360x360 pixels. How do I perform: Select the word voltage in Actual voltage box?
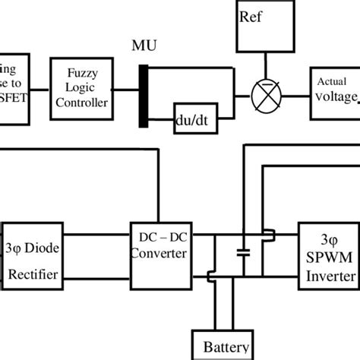pyautogui.click(x=334, y=96)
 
